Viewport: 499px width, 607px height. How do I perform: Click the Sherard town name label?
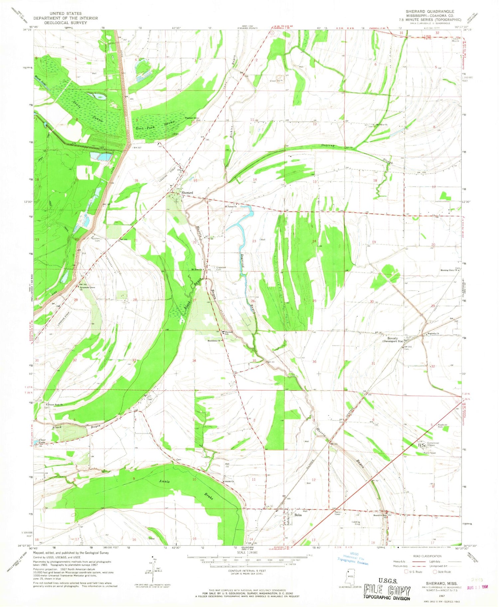(187, 193)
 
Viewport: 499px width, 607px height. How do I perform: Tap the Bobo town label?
(298, 515)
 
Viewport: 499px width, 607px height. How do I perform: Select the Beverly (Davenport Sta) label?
(392, 339)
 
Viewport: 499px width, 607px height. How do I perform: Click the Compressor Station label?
(433, 444)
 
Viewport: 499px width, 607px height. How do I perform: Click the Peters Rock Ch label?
(55, 405)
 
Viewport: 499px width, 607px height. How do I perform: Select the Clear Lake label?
(42, 441)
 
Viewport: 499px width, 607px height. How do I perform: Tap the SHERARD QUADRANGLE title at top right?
(429, 11)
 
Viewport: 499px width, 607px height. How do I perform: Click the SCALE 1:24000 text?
(247, 552)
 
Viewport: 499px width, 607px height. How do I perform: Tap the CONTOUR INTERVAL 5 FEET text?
(247, 571)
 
